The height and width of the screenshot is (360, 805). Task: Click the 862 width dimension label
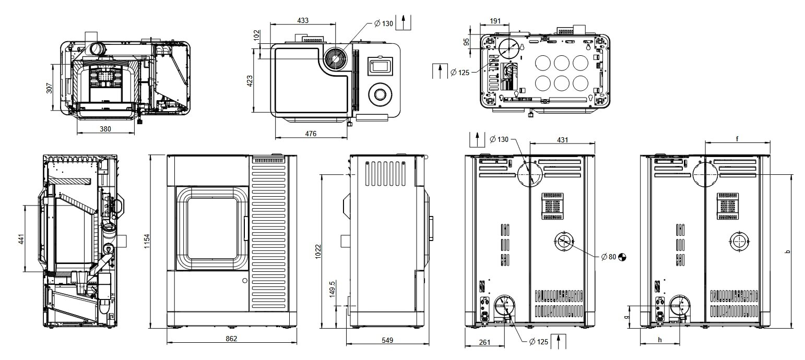pos(231,339)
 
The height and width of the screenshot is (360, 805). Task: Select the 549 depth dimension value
pos(387,340)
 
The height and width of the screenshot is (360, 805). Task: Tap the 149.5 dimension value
pos(332,289)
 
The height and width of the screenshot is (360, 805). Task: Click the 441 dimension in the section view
pos(21,239)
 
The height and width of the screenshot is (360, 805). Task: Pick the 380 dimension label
pos(105,129)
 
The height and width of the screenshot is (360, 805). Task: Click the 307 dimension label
pos(50,87)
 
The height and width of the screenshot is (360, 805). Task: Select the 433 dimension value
pos(302,20)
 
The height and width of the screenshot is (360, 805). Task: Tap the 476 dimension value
pos(311,134)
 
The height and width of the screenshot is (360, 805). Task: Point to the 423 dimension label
pos(250,81)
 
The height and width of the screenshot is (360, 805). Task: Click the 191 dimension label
pos(495,21)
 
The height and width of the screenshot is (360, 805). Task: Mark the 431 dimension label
pos(562,140)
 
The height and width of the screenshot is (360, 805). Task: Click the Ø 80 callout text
pos(610,257)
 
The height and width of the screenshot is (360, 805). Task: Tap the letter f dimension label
pos(737,139)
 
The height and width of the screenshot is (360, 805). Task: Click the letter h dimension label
pos(660,340)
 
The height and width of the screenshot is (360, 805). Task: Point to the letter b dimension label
pos(788,252)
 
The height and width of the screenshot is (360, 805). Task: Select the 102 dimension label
pos(256,35)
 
